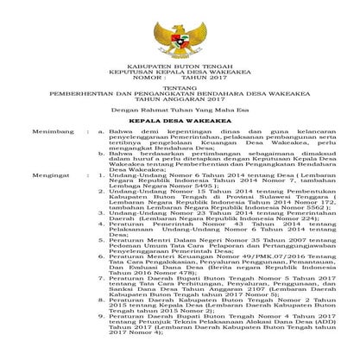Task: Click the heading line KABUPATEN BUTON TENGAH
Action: [180, 75]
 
